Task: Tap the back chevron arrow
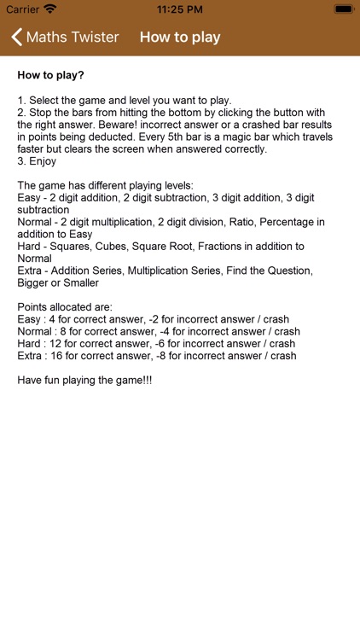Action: pos(16,38)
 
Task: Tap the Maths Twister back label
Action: pos(73,38)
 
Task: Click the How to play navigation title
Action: pos(180,38)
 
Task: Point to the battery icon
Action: pos(343,9)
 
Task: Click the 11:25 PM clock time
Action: pos(179,9)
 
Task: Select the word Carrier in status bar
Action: pos(23,9)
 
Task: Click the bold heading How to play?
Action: pos(51,75)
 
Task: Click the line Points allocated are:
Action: pos(65,307)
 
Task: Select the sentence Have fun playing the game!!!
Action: pos(84,381)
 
